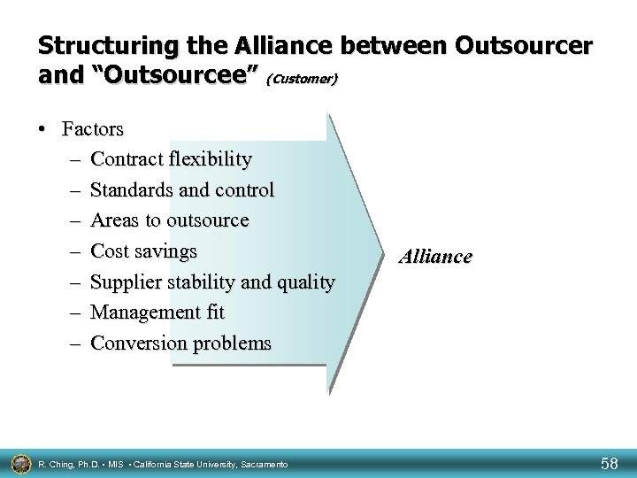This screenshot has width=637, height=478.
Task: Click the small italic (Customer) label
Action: tap(302, 80)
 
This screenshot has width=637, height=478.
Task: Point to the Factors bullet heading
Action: tap(93, 128)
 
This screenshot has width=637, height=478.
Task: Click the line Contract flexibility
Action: tap(171, 159)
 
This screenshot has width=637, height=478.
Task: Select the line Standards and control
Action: tap(182, 190)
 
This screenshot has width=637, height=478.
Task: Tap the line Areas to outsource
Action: tap(170, 220)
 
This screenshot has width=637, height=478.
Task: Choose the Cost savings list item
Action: tap(143, 251)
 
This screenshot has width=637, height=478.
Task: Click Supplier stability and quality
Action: tap(212, 282)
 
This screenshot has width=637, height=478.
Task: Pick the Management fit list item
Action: tap(157, 312)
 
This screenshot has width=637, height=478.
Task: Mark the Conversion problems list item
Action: tap(181, 343)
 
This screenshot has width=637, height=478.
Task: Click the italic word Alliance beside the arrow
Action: tap(435, 258)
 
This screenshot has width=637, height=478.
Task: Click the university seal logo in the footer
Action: tap(19, 461)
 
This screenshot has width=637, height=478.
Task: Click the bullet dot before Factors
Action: tap(43, 129)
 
